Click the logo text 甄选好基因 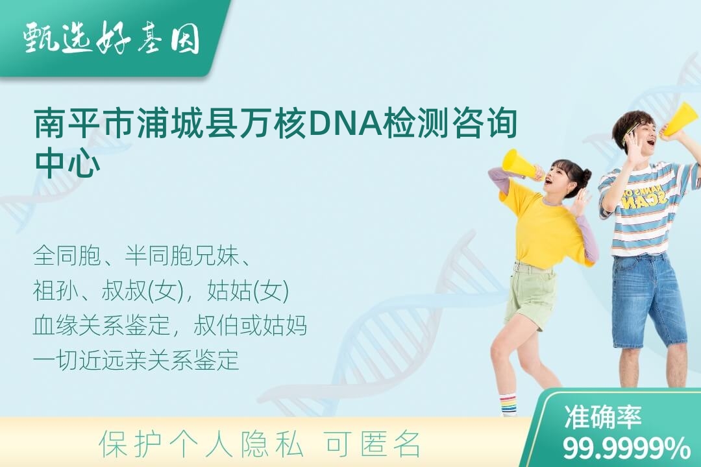pyautogui.click(x=111, y=38)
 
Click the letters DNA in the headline pyautogui.click(x=344, y=123)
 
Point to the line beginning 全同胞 pyautogui.click(x=141, y=256)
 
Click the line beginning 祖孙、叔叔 pyautogui.click(x=162, y=291)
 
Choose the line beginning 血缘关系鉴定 pyautogui.click(x=170, y=326)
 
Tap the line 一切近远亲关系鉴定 pyautogui.click(x=136, y=360)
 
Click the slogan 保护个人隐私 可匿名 pyautogui.click(x=259, y=444)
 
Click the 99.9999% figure pyautogui.click(x=626, y=449)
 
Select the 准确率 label pyautogui.click(x=602, y=417)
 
